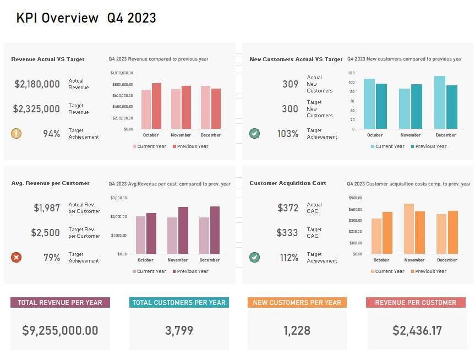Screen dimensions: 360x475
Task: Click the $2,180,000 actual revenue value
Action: [x=37, y=84]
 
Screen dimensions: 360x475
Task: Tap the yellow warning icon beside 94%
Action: [x=17, y=133]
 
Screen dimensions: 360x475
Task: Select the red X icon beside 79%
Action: [x=17, y=257]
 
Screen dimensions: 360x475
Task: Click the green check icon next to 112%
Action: [x=254, y=257]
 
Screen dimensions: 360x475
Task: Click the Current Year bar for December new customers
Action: [x=439, y=102]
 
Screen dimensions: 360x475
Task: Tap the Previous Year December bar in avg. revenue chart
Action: [x=214, y=230]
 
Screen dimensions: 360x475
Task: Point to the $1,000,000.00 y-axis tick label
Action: [x=122, y=73]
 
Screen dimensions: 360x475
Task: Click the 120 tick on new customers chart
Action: [x=351, y=73]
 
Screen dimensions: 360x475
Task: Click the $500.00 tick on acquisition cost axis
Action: [x=355, y=198]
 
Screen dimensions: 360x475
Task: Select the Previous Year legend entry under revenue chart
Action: [x=190, y=146]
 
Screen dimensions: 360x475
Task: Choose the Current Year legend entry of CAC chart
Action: [x=389, y=271]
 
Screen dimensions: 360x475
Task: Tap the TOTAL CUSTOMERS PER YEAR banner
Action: [x=179, y=302]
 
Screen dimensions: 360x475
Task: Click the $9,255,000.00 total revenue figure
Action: [x=60, y=330]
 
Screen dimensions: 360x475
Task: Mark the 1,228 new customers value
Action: [x=297, y=330]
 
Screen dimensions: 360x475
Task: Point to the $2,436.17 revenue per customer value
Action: [x=417, y=330]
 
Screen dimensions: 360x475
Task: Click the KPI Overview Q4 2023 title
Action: [x=86, y=18]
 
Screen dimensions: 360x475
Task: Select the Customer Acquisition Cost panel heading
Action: [x=288, y=183]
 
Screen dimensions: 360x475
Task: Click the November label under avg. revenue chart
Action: [x=177, y=260]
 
